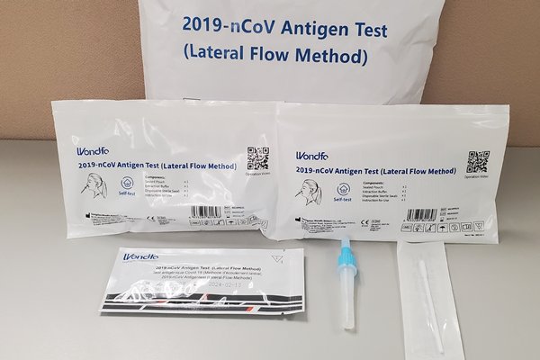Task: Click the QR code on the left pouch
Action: point(258,158)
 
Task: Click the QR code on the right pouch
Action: point(477,162)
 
